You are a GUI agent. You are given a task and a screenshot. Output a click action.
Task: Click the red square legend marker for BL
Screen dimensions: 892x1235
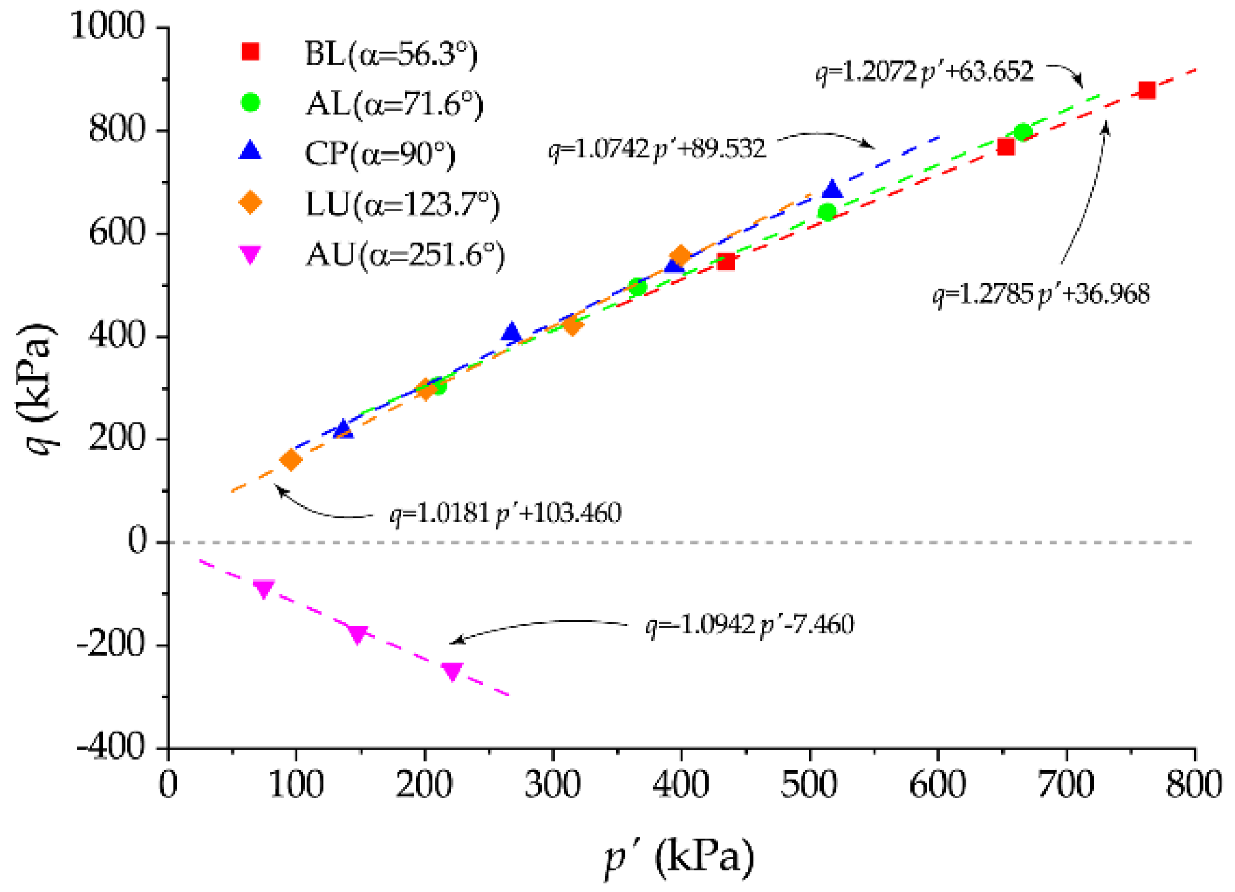[x=251, y=52]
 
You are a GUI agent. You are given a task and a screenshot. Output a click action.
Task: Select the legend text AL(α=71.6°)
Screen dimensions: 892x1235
[x=394, y=104]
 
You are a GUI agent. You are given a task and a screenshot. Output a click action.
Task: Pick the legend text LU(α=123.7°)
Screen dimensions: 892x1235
[x=402, y=204]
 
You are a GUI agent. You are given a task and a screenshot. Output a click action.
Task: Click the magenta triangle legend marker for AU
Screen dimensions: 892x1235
[x=251, y=255]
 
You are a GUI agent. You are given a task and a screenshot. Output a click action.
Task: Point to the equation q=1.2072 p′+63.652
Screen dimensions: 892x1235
[x=924, y=71]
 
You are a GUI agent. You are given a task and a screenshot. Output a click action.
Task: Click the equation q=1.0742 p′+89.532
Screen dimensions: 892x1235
[x=657, y=149]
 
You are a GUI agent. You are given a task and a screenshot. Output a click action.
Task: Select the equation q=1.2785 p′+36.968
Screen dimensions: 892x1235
[x=1041, y=294]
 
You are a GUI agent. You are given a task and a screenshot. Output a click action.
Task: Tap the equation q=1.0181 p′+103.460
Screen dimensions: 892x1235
[x=505, y=513]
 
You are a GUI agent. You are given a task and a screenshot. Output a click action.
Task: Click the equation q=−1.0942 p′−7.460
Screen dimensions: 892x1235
[x=749, y=624]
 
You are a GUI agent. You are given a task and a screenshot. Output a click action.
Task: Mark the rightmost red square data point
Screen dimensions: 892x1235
[x=1147, y=90]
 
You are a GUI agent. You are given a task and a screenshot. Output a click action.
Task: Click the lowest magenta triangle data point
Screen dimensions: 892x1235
[x=452, y=671]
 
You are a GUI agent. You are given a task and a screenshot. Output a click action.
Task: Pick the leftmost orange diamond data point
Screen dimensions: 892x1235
[x=291, y=460]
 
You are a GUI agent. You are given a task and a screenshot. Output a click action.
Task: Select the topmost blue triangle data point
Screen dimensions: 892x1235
[x=832, y=190]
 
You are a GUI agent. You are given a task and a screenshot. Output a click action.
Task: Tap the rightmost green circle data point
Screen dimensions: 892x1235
[x=1023, y=132]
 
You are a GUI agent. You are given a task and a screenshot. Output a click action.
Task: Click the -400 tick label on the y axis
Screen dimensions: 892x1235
[x=111, y=747]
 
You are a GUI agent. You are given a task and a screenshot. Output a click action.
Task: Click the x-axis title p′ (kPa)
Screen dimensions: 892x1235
[x=680, y=857]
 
